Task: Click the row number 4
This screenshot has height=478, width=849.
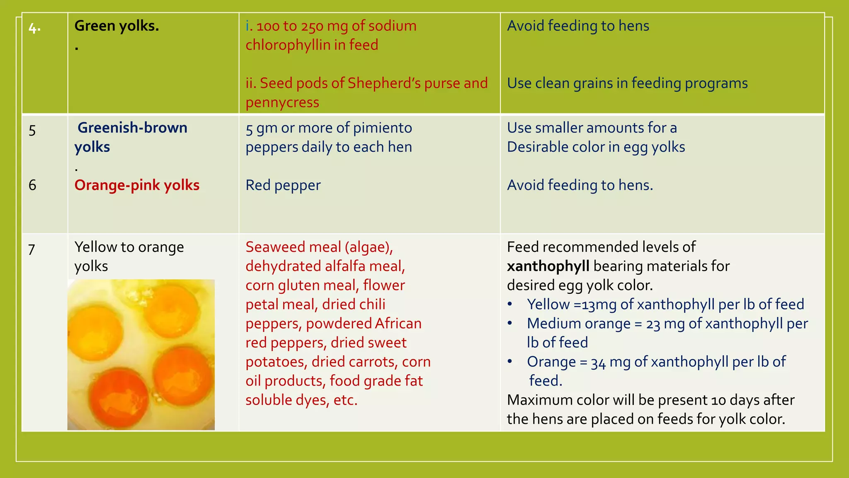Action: (x=34, y=28)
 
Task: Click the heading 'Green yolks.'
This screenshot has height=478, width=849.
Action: (x=116, y=26)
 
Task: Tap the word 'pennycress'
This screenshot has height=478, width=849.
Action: (x=282, y=102)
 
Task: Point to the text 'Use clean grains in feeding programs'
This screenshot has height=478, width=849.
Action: (x=627, y=83)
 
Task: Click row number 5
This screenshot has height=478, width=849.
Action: (x=32, y=131)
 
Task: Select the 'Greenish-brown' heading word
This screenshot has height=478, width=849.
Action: (x=132, y=128)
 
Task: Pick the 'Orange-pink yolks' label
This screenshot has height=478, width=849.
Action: (x=137, y=185)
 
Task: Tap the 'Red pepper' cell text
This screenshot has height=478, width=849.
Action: (x=283, y=185)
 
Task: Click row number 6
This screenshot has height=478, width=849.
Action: (x=32, y=185)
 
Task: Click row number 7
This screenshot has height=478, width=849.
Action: (x=32, y=249)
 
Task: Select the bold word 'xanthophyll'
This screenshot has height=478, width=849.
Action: (x=548, y=266)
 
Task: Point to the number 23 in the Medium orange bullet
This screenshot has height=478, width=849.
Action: (x=653, y=324)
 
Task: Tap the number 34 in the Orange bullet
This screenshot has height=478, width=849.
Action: (x=598, y=362)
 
